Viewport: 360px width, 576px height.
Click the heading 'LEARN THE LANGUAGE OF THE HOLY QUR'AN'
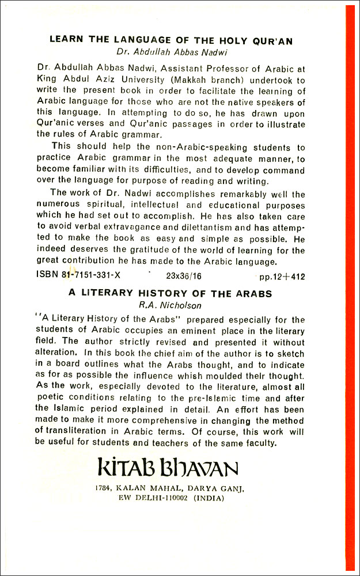point(171,40)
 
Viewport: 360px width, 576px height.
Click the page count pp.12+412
point(282,276)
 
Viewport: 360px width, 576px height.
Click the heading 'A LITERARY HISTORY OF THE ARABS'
point(170,293)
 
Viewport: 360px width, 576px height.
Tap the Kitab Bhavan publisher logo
point(171,468)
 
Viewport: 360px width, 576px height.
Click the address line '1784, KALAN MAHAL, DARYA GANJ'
point(171,488)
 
